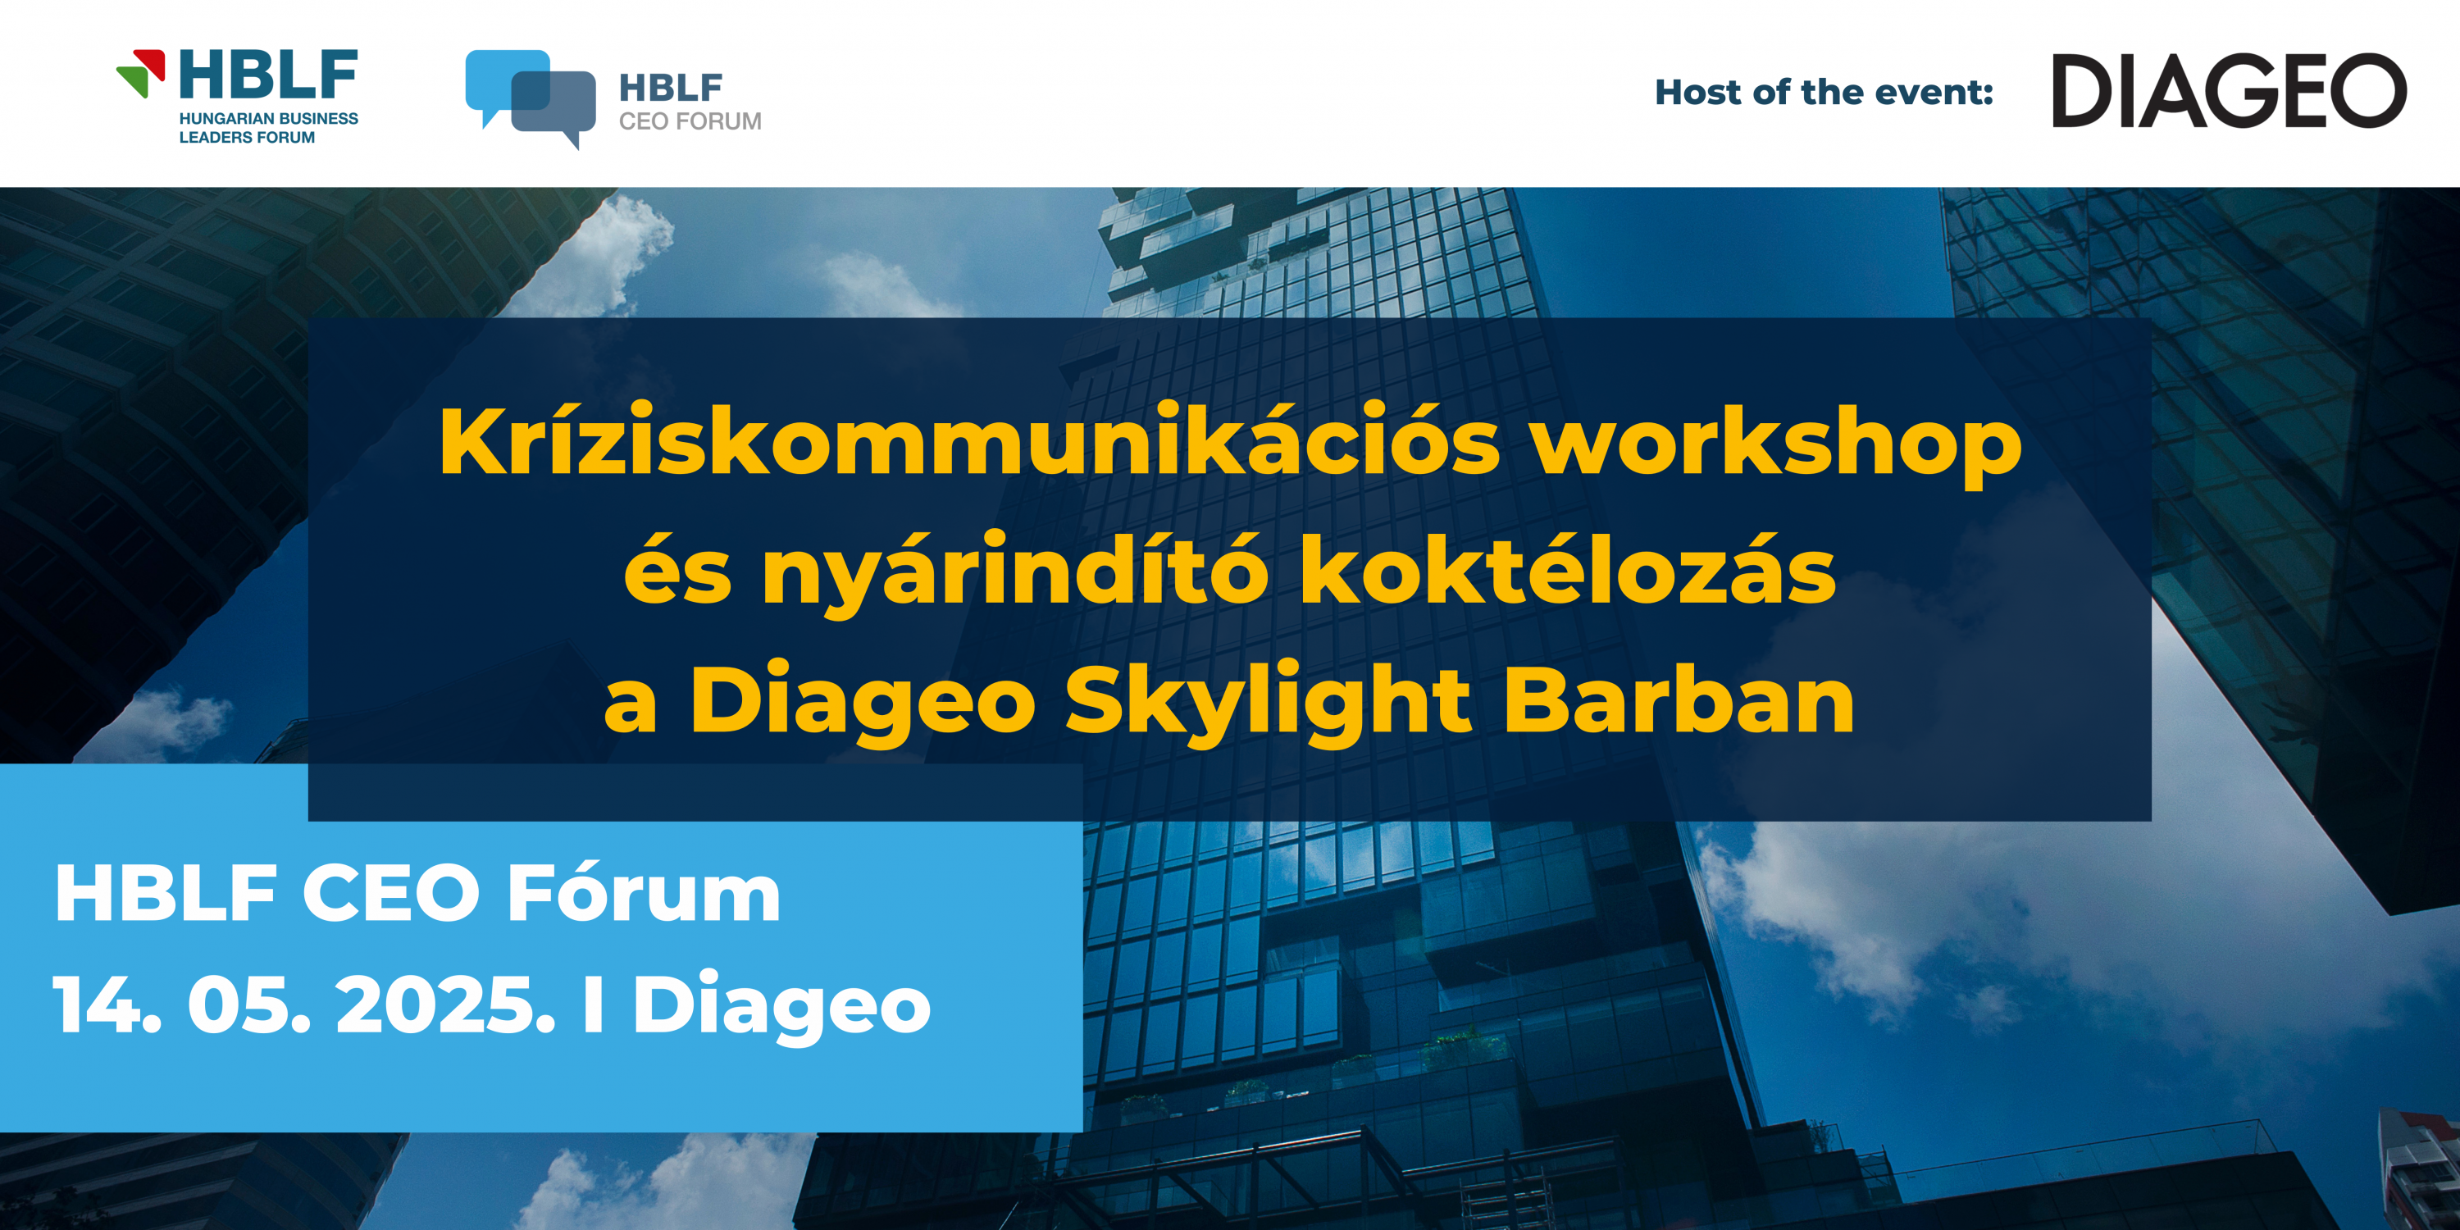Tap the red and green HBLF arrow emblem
[140, 73]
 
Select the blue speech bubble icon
[530, 98]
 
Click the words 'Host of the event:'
[1824, 92]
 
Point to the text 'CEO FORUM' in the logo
[690, 121]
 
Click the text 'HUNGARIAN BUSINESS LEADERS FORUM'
[268, 128]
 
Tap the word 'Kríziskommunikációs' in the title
[969, 441]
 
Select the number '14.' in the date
[107, 1004]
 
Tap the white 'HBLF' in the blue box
[165, 893]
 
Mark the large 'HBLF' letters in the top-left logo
[268, 74]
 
